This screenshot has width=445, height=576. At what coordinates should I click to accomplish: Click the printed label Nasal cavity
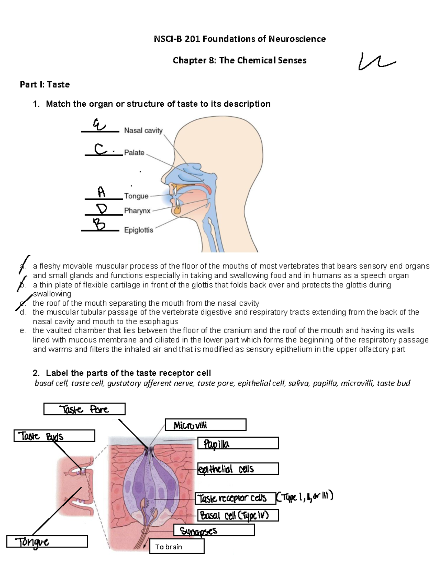(x=143, y=131)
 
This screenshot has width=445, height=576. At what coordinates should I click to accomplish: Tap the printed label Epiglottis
(x=138, y=230)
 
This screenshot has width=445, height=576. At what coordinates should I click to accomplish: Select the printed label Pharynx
(x=137, y=211)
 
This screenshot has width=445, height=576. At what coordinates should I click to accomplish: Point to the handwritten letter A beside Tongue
(x=101, y=192)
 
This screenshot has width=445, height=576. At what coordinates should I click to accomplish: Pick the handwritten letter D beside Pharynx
(x=101, y=209)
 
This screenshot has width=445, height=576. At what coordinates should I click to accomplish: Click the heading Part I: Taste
(x=44, y=85)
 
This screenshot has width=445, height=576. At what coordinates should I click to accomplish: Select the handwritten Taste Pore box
(x=84, y=409)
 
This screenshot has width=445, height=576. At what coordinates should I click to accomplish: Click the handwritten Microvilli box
(x=205, y=425)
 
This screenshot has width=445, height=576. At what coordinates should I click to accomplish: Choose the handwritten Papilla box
(x=238, y=444)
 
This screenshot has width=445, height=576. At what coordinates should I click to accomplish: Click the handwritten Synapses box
(x=214, y=531)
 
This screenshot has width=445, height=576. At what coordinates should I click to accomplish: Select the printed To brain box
(x=177, y=547)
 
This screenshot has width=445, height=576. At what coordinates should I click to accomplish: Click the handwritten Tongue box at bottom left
(x=47, y=542)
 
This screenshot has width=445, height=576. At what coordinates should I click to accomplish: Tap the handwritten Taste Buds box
(x=54, y=436)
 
